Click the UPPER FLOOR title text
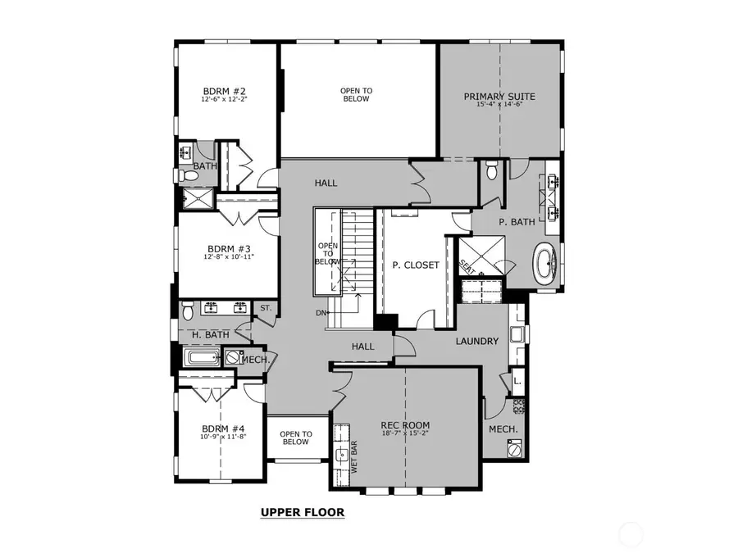click(x=303, y=513)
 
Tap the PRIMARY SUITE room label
click(x=499, y=96)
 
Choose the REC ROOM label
click(x=405, y=424)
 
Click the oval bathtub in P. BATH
click(x=545, y=265)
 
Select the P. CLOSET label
click(x=415, y=265)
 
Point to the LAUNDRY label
click(x=477, y=341)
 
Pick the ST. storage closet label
click(x=265, y=308)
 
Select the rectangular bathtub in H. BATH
click(x=201, y=358)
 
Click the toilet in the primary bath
click(x=491, y=171)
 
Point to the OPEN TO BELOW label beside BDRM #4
click(x=295, y=437)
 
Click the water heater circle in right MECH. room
click(x=514, y=449)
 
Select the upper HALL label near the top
click(x=326, y=184)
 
